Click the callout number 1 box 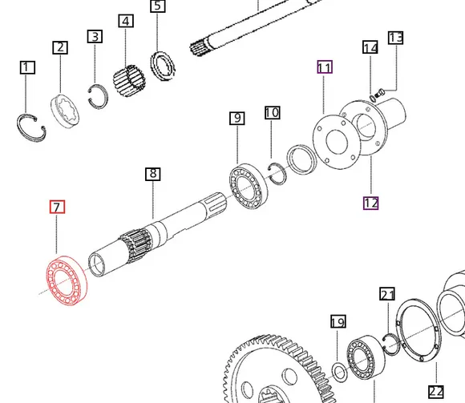pyautogui.click(x=27, y=67)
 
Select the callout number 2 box pyautogui.click(x=60, y=47)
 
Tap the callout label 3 pyautogui.click(x=95, y=37)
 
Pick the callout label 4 pyautogui.click(x=125, y=21)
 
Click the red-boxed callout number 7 pyautogui.click(x=57, y=208)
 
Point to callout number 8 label pyautogui.click(x=153, y=174)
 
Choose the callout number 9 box pyautogui.click(x=237, y=119)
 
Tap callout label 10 pyautogui.click(x=272, y=113)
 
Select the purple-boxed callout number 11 pyautogui.click(x=324, y=67)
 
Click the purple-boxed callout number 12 pyautogui.click(x=370, y=203)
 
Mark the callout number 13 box pyautogui.click(x=396, y=38)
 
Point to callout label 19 pyautogui.click(x=338, y=322)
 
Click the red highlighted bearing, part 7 pyautogui.click(x=67, y=280)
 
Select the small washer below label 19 pyautogui.click(x=339, y=371)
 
